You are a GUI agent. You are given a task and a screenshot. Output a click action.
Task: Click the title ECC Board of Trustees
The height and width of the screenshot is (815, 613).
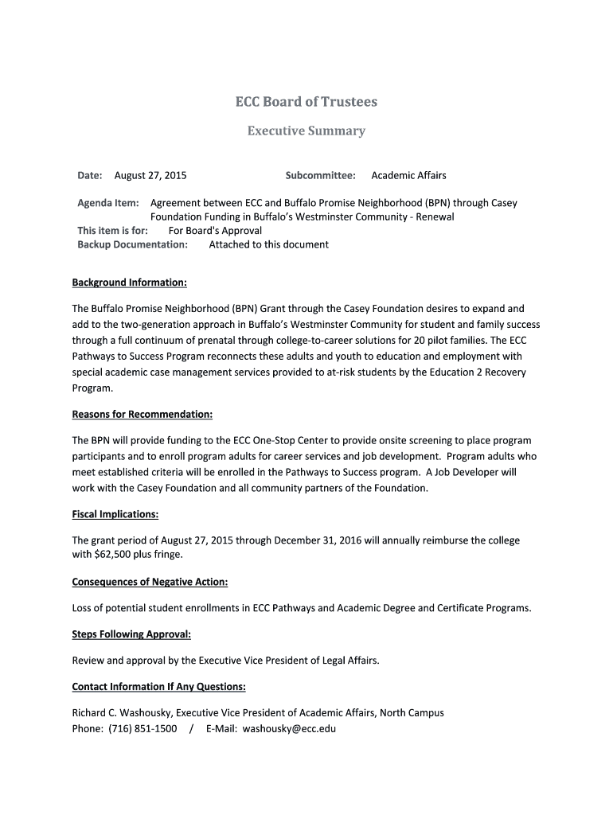pyautogui.click(x=306, y=102)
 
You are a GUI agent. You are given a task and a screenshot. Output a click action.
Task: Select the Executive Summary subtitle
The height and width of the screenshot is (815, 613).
pyautogui.click(x=306, y=131)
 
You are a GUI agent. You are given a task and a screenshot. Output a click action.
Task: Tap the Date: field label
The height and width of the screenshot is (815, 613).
pyautogui.click(x=90, y=175)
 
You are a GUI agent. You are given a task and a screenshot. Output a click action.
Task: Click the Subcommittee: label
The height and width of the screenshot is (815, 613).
pyautogui.click(x=320, y=175)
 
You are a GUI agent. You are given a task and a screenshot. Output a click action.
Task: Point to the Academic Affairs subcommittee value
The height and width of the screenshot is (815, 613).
pyautogui.click(x=408, y=175)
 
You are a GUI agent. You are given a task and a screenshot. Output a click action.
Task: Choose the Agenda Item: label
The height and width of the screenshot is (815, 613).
pyautogui.click(x=108, y=203)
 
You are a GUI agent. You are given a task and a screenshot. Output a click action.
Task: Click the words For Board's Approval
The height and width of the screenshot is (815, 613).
pyautogui.click(x=215, y=231)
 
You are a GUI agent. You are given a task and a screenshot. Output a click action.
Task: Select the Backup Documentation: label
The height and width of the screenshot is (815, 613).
pyautogui.click(x=132, y=244)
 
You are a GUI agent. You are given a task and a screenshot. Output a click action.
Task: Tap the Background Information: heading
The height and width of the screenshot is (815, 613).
pyautogui.click(x=130, y=283)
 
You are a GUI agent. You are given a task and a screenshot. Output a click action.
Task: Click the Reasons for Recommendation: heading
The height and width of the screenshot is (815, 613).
pyautogui.click(x=143, y=415)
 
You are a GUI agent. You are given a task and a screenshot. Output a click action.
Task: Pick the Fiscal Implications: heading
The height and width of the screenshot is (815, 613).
pyautogui.click(x=115, y=514)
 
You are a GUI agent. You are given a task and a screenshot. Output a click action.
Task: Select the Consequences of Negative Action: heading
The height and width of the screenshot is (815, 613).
pyautogui.click(x=150, y=582)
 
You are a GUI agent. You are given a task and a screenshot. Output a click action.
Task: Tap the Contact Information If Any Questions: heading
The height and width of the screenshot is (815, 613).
pyautogui.click(x=158, y=687)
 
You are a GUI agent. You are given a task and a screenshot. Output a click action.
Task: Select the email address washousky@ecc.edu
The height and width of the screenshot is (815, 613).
pyautogui.click(x=289, y=727)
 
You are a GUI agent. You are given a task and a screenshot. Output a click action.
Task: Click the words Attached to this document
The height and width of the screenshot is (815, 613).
pyautogui.click(x=268, y=244)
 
